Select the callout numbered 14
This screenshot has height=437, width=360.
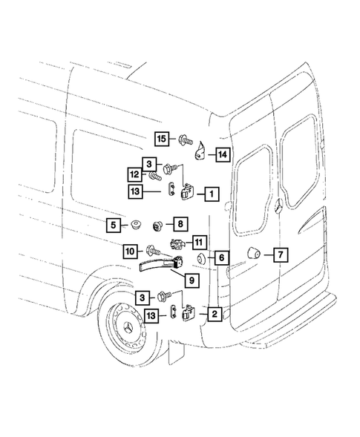point(221,154)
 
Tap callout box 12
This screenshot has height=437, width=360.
point(134,175)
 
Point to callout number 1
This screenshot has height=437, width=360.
point(212,194)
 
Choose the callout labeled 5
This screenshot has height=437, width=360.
point(113,223)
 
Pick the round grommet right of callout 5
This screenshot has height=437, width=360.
point(135,223)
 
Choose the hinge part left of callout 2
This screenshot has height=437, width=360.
point(189,315)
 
